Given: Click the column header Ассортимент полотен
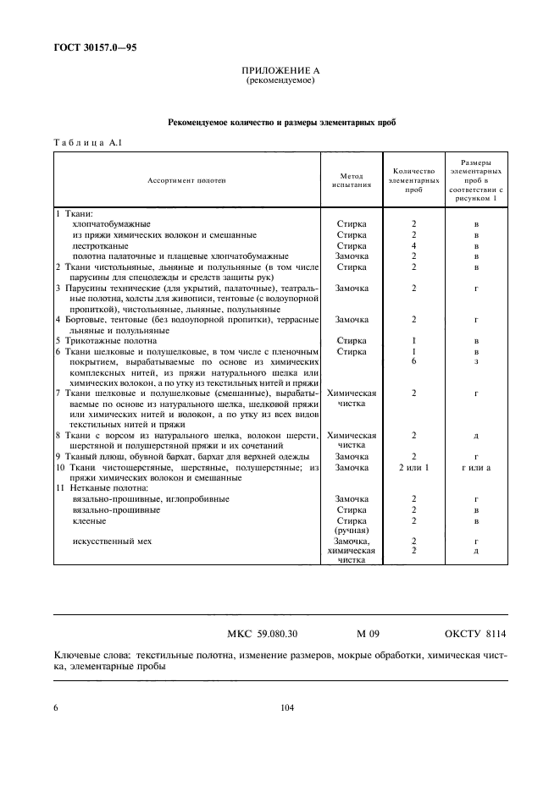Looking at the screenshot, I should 187,180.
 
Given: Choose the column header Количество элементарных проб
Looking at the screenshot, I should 413,180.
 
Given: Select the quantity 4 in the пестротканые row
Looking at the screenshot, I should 413,245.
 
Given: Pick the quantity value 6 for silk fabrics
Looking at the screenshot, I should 413,361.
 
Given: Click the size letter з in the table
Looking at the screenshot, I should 476,361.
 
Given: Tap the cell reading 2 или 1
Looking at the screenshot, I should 413,467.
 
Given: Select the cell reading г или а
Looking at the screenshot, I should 476,467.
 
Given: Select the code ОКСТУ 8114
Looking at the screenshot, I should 475,633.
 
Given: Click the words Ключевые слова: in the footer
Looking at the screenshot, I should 91,656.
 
